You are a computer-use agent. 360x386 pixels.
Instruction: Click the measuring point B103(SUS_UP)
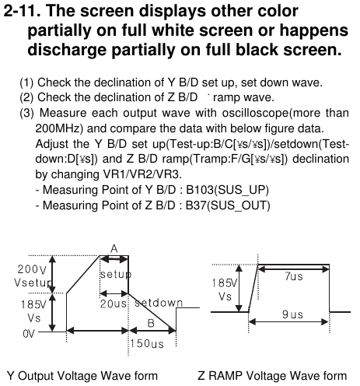click(x=227, y=190)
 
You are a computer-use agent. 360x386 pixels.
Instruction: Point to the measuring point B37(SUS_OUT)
click(x=228, y=205)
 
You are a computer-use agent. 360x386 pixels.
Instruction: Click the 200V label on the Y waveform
click(x=32, y=269)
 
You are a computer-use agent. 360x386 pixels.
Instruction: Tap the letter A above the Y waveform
click(x=114, y=249)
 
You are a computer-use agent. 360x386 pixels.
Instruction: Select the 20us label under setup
click(x=114, y=304)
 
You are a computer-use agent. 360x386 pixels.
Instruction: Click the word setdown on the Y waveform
click(x=159, y=303)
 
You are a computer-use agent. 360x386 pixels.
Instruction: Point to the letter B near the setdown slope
click(x=151, y=323)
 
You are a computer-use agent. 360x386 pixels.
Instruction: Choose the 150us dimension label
click(x=147, y=344)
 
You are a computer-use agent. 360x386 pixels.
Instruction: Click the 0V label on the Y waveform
click(x=29, y=334)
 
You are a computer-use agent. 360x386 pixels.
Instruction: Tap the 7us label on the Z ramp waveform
click(x=294, y=276)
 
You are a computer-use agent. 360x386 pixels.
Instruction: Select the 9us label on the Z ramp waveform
click(x=292, y=314)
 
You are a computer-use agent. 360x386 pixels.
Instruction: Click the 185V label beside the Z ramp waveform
click(x=225, y=282)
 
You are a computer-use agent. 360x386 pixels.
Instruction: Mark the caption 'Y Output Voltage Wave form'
click(x=82, y=376)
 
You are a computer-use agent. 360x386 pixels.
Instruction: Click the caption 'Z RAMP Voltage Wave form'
click(x=272, y=376)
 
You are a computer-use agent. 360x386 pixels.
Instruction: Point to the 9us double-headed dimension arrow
click(x=288, y=322)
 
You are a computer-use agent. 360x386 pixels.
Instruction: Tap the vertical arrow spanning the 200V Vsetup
click(x=53, y=274)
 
